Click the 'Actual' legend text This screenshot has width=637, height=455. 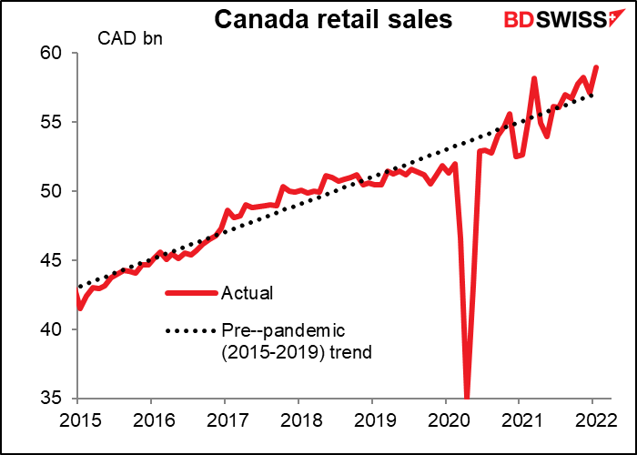click(x=247, y=293)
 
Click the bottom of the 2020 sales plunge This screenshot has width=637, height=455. click(x=468, y=397)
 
